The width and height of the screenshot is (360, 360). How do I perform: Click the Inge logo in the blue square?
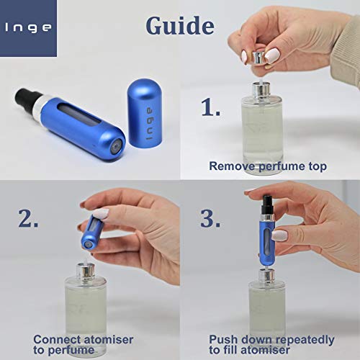28,28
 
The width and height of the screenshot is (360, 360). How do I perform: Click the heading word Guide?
179,25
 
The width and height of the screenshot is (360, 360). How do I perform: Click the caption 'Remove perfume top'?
267,166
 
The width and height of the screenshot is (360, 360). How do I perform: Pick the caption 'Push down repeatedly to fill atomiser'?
271,344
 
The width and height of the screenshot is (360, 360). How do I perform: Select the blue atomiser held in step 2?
90,228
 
